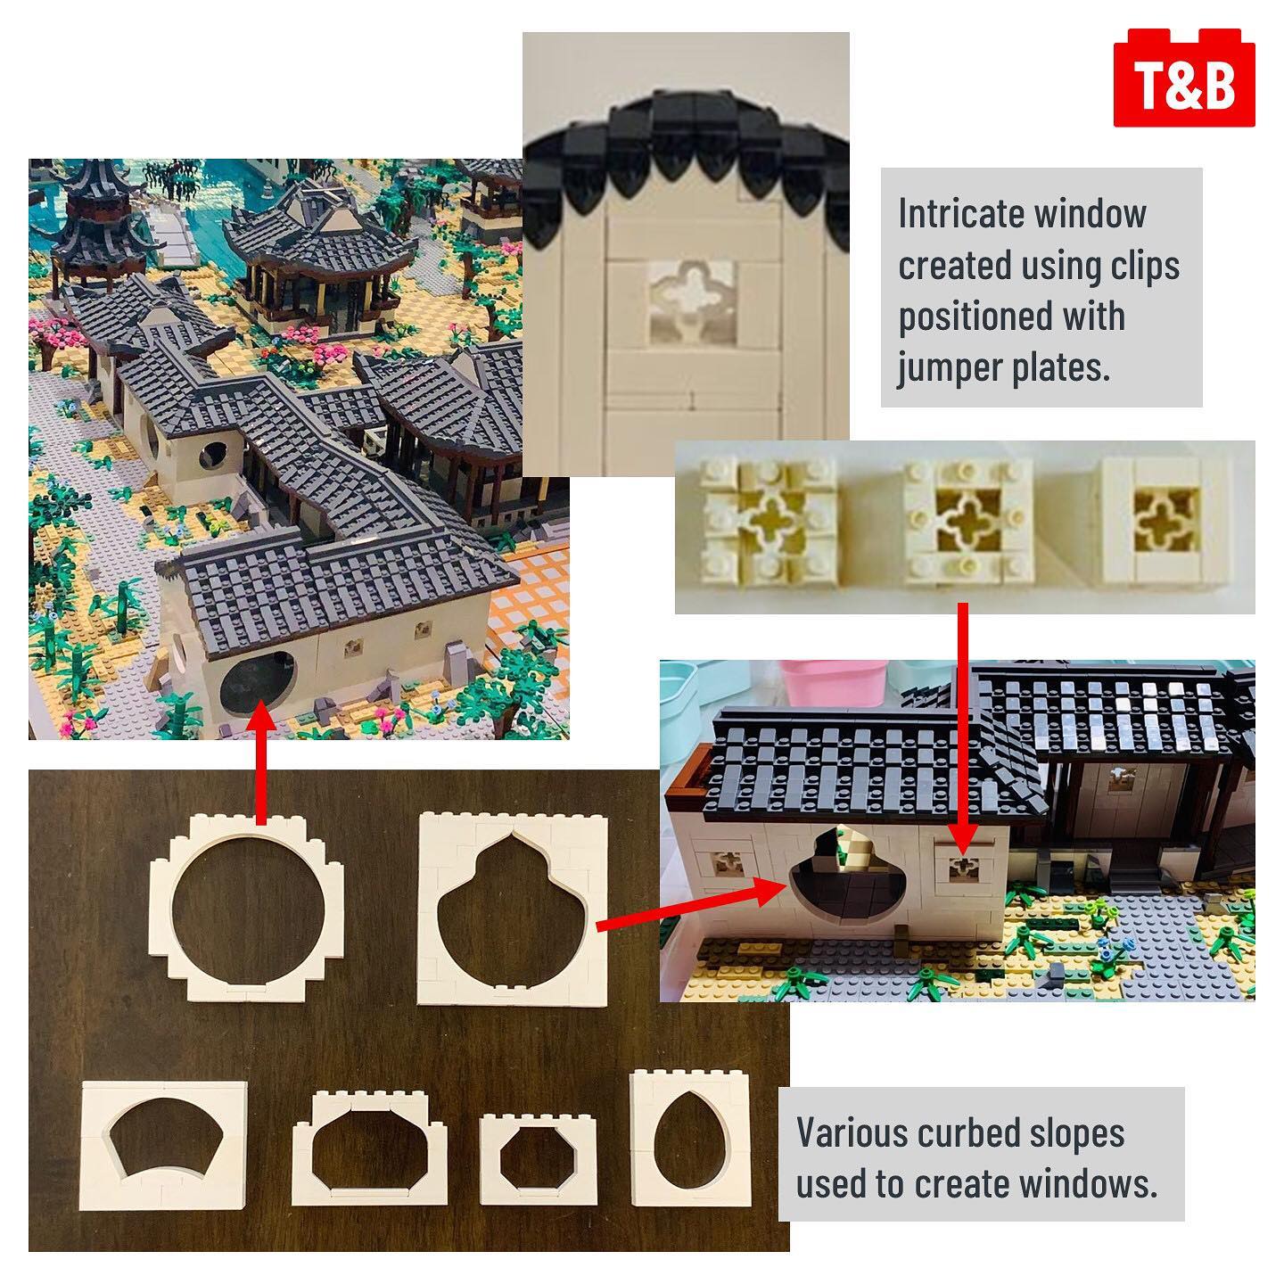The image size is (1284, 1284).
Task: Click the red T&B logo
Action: (x=1184, y=78)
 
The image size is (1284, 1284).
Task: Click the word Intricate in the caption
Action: (x=959, y=215)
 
